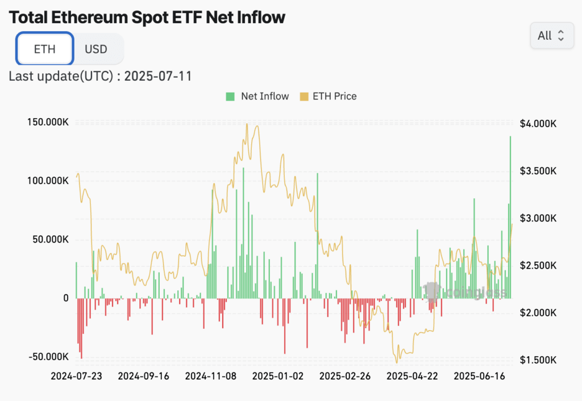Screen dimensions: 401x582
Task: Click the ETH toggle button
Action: pyautogui.click(x=45, y=49)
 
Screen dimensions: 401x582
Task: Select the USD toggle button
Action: pyautogui.click(x=96, y=49)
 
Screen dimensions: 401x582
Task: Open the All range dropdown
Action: pyautogui.click(x=551, y=36)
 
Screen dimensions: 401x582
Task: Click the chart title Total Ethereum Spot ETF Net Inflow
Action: pyautogui.click(x=147, y=17)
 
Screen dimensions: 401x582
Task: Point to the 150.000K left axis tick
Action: pyautogui.click(x=48, y=122)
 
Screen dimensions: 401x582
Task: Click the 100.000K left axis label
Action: pyautogui.click(x=48, y=181)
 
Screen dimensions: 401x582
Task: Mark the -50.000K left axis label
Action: pyautogui.click(x=48, y=356)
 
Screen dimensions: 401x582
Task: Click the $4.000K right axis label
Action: pyautogui.click(x=538, y=123)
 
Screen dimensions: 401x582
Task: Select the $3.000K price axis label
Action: pyautogui.click(x=538, y=218)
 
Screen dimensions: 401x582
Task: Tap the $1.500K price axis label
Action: pyautogui.click(x=538, y=360)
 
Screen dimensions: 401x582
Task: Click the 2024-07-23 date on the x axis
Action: pyautogui.click(x=76, y=376)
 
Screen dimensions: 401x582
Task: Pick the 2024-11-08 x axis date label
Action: pyautogui.click(x=211, y=376)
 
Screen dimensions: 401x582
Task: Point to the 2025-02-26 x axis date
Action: pyautogui.click(x=346, y=376)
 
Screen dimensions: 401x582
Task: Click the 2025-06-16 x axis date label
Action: pyautogui.click(x=480, y=376)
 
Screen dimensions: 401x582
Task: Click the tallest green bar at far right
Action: pyautogui.click(x=510, y=216)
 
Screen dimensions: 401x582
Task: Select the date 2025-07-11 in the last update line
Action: pyautogui.click(x=158, y=76)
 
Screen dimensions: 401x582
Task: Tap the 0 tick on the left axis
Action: pyautogui.click(x=65, y=298)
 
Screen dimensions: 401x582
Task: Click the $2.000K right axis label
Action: pyautogui.click(x=538, y=313)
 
